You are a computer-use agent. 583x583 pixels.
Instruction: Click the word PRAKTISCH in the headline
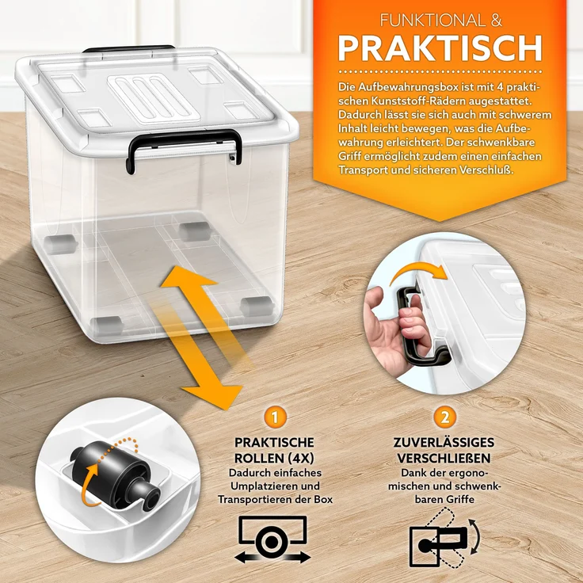(x=440, y=48)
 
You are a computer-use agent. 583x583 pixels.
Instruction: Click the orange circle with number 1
(x=274, y=416)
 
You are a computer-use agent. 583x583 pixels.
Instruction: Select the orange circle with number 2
(x=444, y=416)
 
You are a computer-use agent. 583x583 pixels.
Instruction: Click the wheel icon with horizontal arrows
(x=272, y=539)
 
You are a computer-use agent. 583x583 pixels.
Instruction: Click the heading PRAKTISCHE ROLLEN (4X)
(x=274, y=450)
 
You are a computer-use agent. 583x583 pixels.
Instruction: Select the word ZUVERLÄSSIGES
(x=444, y=441)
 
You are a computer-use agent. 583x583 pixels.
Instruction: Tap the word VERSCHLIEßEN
(x=444, y=458)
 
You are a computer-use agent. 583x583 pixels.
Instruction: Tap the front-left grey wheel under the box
(x=106, y=323)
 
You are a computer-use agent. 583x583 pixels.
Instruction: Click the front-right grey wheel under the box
(x=254, y=303)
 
